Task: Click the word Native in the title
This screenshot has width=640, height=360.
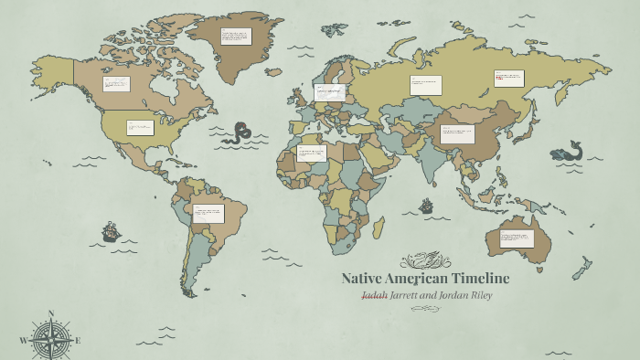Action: (x=365, y=279)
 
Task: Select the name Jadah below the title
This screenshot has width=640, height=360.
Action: (x=375, y=295)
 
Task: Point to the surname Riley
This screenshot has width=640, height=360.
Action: (x=475, y=295)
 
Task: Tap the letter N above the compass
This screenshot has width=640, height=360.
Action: (x=50, y=313)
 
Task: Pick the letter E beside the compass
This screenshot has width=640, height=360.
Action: (x=79, y=341)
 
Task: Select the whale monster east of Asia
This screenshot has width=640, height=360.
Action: (x=569, y=151)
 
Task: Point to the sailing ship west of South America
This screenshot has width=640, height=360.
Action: (x=111, y=231)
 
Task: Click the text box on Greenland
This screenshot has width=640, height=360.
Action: (x=236, y=37)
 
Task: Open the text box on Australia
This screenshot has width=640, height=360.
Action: (x=517, y=239)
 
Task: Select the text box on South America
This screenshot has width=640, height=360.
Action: (x=208, y=213)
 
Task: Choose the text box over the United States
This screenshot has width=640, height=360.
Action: (x=140, y=128)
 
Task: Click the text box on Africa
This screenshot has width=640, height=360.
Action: (x=312, y=154)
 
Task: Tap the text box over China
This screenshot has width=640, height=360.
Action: (x=457, y=134)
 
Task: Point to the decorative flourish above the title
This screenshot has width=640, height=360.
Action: (x=425, y=260)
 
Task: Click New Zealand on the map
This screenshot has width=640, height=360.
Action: (x=581, y=269)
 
